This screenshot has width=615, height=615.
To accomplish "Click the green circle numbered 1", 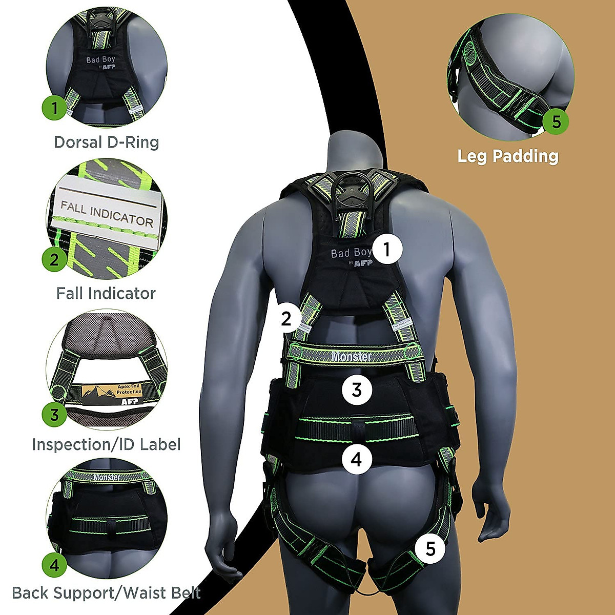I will pyautogui.click(x=55, y=108).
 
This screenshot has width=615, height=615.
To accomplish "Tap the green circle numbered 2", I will pyautogui.click(x=54, y=259).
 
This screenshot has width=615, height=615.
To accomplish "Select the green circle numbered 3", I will pyautogui.click(x=54, y=414).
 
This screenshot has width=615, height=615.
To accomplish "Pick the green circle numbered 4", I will pyautogui.click(x=55, y=565).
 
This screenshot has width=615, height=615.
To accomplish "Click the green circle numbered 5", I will pyautogui.click(x=556, y=122).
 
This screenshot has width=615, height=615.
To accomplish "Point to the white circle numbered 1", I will pyautogui.click(x=387, y=249).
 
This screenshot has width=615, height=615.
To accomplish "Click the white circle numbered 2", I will pyautogui.click(x=286, y=319).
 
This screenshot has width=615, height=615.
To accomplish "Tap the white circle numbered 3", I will pyautogui.click(x=357, y=389).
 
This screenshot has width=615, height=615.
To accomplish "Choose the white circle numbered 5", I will pyautogui.click(x=430, y=549).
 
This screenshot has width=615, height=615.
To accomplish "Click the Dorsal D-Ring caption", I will pyautogui.click(x=107, y=142).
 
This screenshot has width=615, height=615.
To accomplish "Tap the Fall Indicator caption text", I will pyautogui.click(x=106, y=293).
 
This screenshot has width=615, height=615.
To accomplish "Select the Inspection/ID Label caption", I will pyautogui.click(x=106, y=444).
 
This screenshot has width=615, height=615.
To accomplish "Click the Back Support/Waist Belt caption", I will pyautogui.click(x=106, y=593).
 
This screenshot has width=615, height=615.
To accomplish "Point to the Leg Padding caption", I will pyautogui.click(x=507, y=156).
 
